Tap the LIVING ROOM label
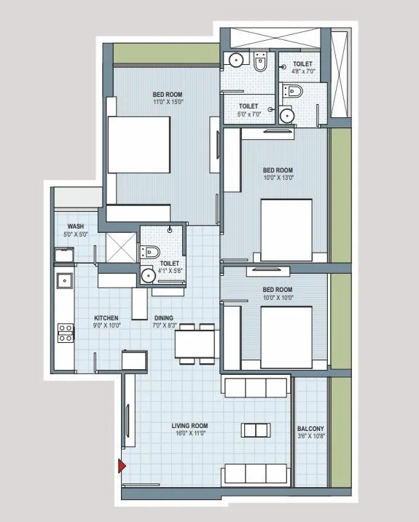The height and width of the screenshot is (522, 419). click(190, 425)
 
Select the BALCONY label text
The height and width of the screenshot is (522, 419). click(310, 429)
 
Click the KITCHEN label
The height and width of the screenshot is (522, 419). click(107, 318)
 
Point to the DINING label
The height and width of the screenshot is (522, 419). click(164, 318)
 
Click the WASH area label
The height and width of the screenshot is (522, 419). click(77, 226)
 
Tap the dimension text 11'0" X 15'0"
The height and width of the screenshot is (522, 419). click(167, 102)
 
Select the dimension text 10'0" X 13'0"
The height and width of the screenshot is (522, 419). click(278, 178)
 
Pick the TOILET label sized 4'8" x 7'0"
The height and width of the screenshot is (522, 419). click(302, 64)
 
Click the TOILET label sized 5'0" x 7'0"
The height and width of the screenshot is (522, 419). click(248, 106)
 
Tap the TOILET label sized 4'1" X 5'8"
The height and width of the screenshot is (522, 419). click(169, 264)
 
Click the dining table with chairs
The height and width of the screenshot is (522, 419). click(195, 343)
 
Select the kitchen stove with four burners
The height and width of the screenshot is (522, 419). click(65, 333)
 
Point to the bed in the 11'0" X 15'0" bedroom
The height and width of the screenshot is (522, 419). click(140, 145)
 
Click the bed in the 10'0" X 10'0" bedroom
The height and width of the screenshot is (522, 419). click(286, 337)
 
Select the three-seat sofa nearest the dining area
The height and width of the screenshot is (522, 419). click(257, 387)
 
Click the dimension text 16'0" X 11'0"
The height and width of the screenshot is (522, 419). click(190, 433)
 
